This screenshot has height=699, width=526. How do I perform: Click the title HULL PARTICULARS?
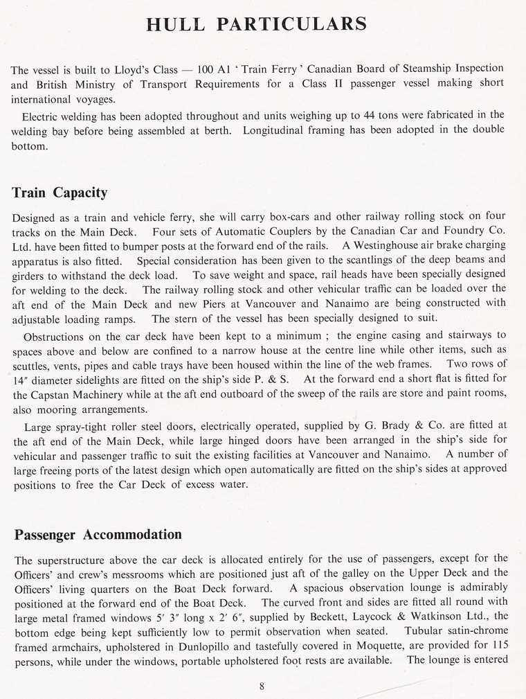(x=256, y=24)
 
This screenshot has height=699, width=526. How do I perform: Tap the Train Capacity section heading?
(x=60, y=192)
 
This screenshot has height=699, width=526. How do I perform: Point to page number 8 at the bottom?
(x=262, y=686)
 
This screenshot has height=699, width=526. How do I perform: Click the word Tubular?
(x=410, y=630)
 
